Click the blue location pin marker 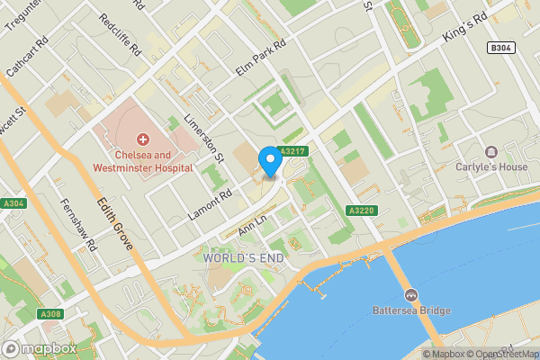coord(269,161)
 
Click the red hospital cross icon coord(142,139)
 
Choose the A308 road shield coord(49,314)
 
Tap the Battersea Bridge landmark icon coord(410,295)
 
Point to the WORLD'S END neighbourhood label coord(244,258)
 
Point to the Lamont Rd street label coord(211,204)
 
